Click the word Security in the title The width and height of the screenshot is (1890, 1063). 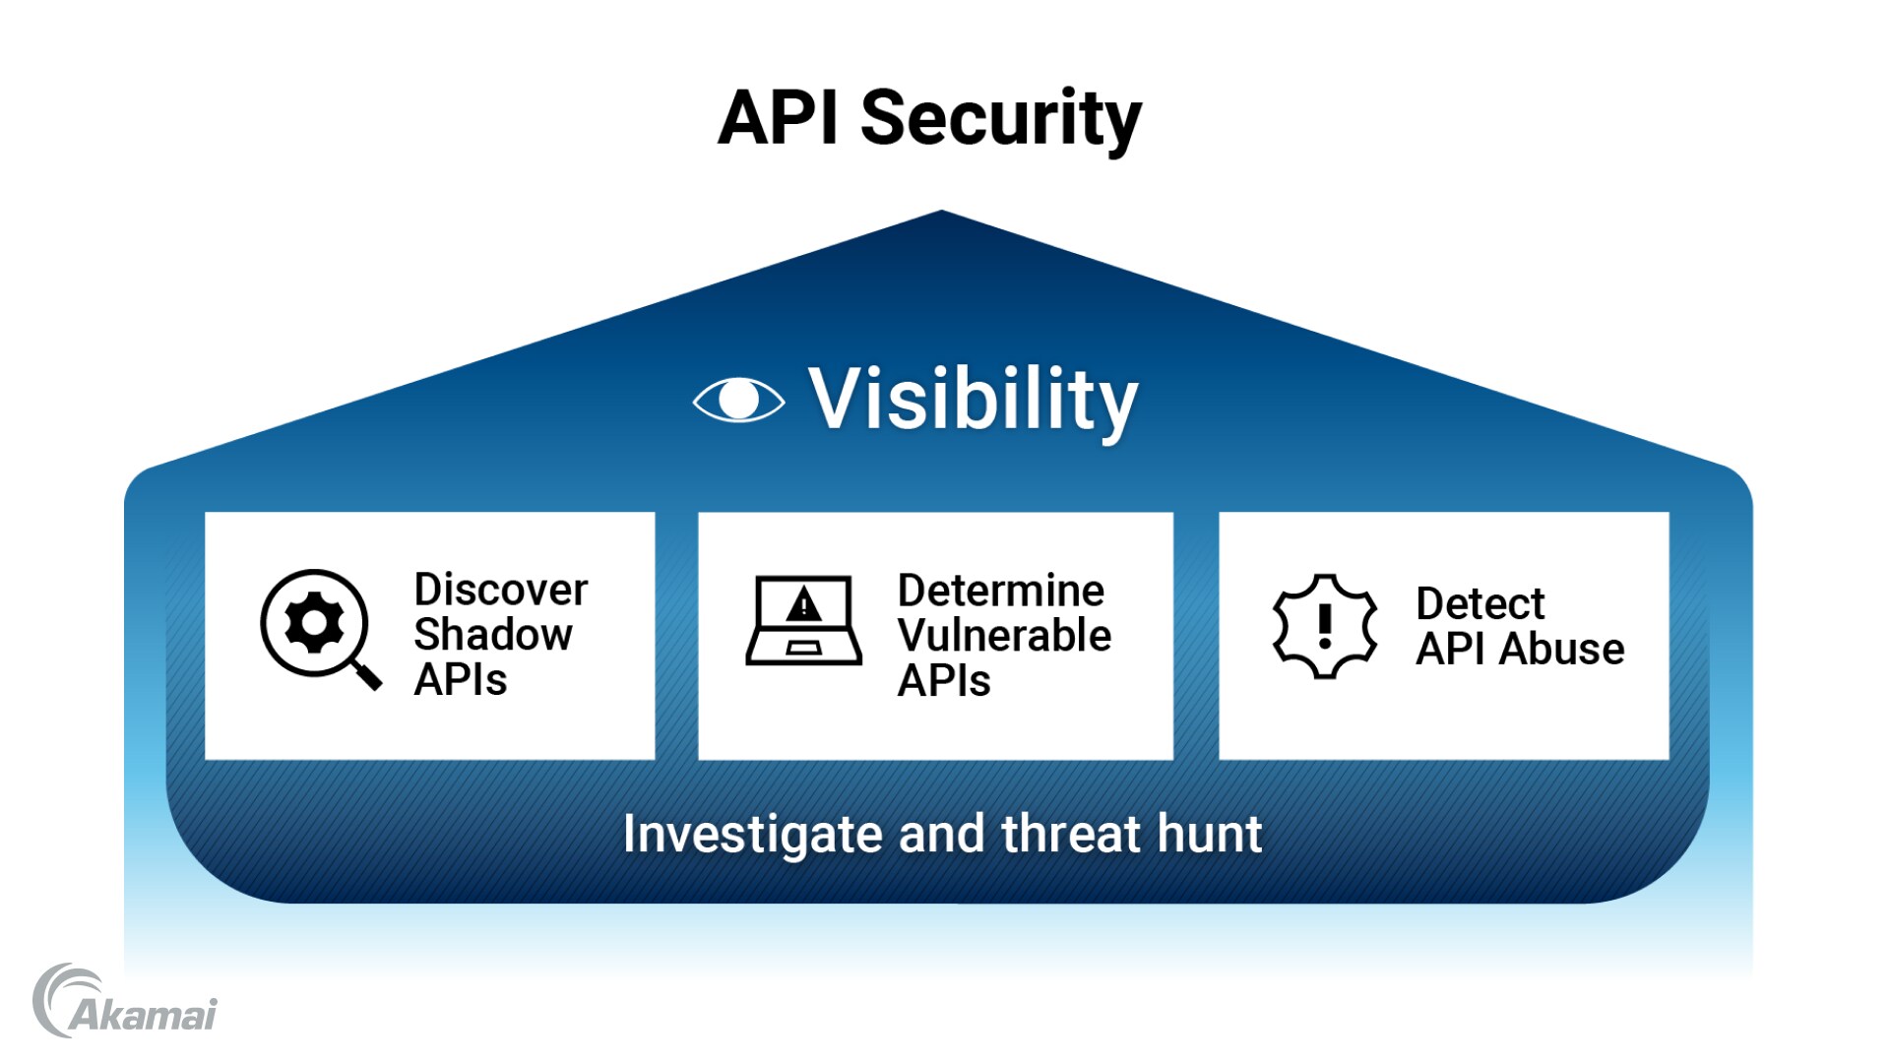click(x=1000, y=118)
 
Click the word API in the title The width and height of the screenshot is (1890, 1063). click(x=778, y=118)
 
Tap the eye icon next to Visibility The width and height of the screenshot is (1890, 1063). click(x=738, y=400)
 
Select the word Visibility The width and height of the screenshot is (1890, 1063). click(x=973, y=400)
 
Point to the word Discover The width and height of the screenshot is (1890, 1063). click(x=500, y=590)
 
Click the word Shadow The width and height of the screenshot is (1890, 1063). click(x=492, y=635)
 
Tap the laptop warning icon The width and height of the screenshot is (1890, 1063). click(x=803, y=621)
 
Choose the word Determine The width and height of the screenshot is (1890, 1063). click(x=1000, y=591)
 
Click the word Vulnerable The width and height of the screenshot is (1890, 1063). click(x=1004, y=636)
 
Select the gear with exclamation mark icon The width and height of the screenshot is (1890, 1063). click(x=1325, y=626)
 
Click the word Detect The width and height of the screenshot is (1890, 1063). click(x=1480, y=603)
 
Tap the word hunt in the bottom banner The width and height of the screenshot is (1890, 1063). click(x=1210, y=834)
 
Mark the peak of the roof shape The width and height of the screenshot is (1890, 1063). click(x=941, y=212)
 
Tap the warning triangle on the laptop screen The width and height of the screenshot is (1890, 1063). click(x=804, y=604)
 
